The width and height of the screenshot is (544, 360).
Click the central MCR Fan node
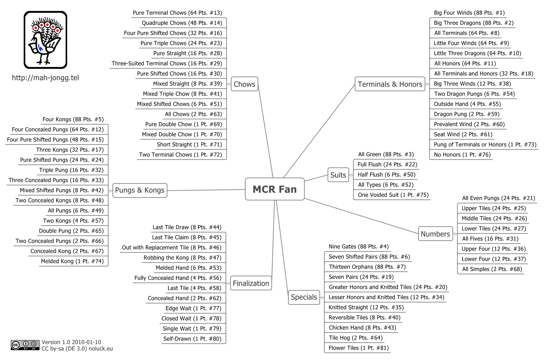pyautogui.click(x=275, y=189)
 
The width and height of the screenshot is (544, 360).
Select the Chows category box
pyautogui.click(x=245, y=84)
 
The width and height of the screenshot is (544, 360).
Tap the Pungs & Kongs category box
pyautogui.click(x=140, y=190)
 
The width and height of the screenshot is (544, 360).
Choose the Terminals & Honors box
pyautogui.click(x=390, y=84)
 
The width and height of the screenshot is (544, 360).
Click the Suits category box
pyautogui.click(x=338, y=175)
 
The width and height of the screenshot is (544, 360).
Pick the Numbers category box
pyautogui.click(x=435, y=234)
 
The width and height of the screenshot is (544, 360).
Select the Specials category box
pyautogui.click(x=304, y=297)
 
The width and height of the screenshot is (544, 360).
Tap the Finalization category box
pyautogui.click(x=251, y=283)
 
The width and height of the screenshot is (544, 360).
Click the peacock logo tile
pyautogui.click(x=45, y=40)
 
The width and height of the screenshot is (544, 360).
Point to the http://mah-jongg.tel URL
pyautogui.click(x=45, y=78)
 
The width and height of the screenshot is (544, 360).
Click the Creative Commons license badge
pyautogui.click(x=25, y=345)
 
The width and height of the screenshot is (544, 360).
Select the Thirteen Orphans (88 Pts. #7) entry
pyautogui.click(x=367, y=267)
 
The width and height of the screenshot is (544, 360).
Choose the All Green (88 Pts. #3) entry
pyautogui.click(x=386, y=154)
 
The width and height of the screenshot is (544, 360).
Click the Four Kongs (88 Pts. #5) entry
pyautogui.click(x=73, y=119)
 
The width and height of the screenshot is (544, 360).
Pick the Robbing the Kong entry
pyautogui.click(x=182, y=258)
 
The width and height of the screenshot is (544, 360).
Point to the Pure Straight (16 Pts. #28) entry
pyautogui.click(x=188, y=53)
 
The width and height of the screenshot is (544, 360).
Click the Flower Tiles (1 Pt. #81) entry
pyautogui.click(x=359, y=348)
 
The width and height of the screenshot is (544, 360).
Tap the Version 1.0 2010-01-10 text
pyautogui.click(x=71, y=342)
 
